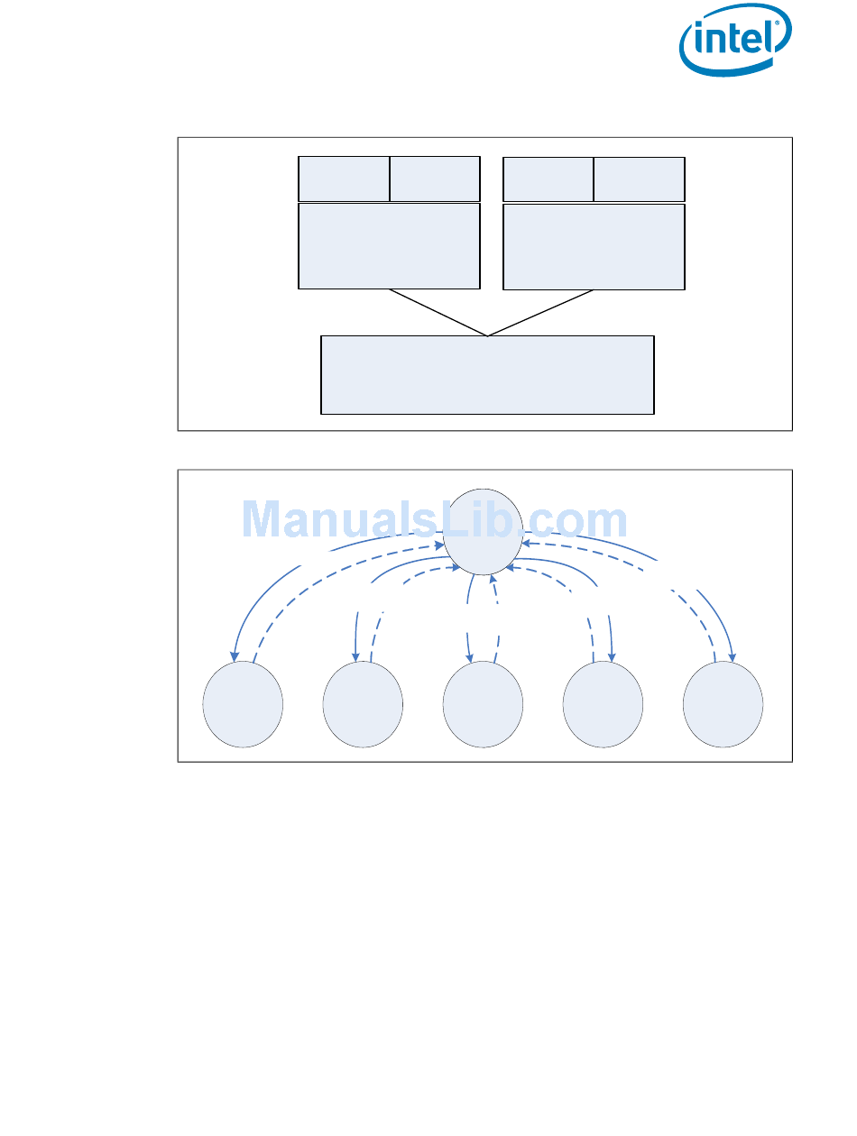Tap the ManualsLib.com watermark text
click(x=435, y=520)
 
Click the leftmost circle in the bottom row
click(x=243, y=704)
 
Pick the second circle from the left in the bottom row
click(x=363, y=704)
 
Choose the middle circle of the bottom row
click(x=483, y=704)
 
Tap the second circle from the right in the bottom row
click(x=603, y=704)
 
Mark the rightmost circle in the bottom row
click(x=723, y=704)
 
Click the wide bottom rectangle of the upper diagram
click(x=487, y=375)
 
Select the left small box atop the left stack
click(x=344, y=179)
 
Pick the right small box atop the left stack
click(x=435, y=179)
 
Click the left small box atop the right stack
click(x=548, y=179)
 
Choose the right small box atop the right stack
click(x=640, y=179)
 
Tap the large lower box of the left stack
click(x=389, y=246)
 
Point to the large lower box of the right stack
click(x=594, y=246)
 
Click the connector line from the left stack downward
click(x=438, y=313)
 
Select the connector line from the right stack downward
click(x=541, y=313)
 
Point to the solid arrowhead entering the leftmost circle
click(x=235, y=656)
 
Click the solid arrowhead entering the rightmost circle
click(x=732, y=656)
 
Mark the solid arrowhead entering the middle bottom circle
click(x=469, y=657)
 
